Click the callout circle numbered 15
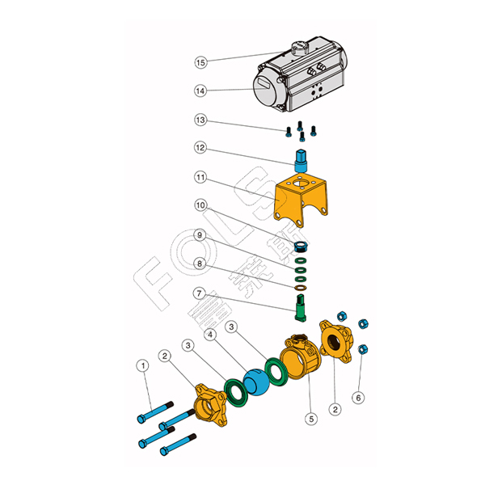(x=201, y=62)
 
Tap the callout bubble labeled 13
(x=201, y=120)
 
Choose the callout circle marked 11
(x=201, y=176)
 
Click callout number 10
(x=201, y=205)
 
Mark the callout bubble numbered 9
(x=201, y=235)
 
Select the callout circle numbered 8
(x=201, y=264)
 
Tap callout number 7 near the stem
(x=201, y=293)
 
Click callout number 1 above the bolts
(x=143, y=366)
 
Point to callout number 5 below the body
(x=310, y=419)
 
